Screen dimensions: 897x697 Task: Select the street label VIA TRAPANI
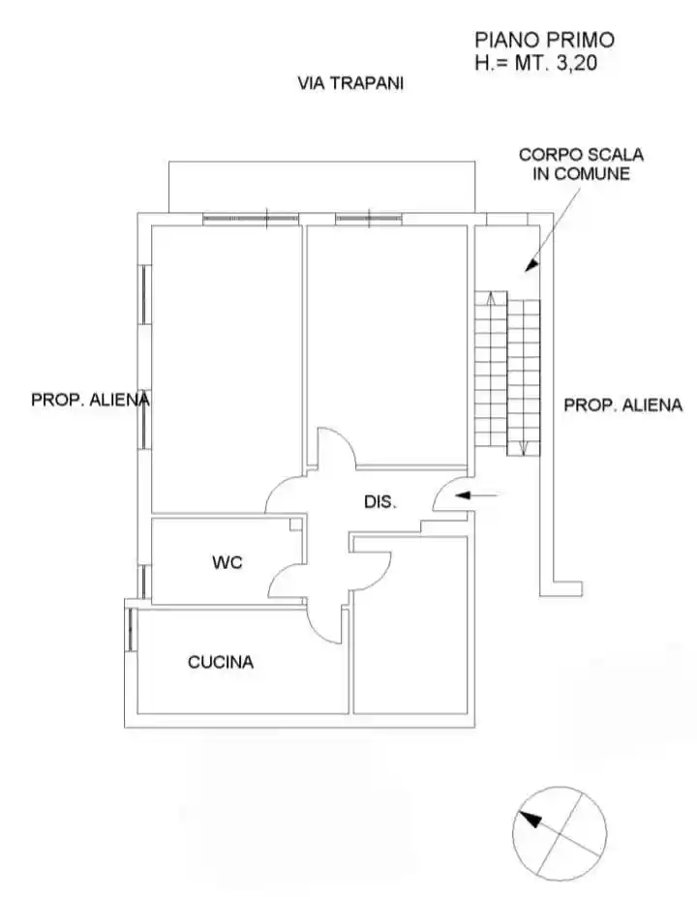click(349, 83)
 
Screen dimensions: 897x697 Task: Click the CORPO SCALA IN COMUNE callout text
click(581, 164)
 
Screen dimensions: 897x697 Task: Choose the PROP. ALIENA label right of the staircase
click(622, 405)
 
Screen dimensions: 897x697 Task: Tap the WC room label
click(227, 561)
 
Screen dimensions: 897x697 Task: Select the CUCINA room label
click(221, 662)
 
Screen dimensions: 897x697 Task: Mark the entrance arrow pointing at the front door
click(480, 495)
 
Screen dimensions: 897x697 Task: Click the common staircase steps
click(507, 373)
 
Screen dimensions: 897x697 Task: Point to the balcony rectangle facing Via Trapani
click(322, 186)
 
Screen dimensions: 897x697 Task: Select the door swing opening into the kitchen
click(327, 619)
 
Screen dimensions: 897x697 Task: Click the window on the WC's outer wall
click(144, 579)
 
